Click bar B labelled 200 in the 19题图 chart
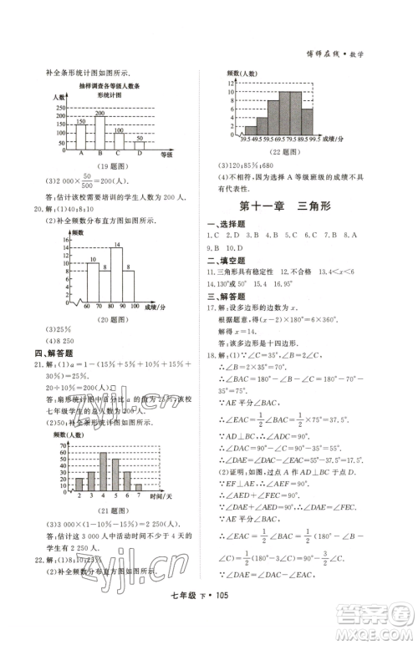click(x=100, y=130)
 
